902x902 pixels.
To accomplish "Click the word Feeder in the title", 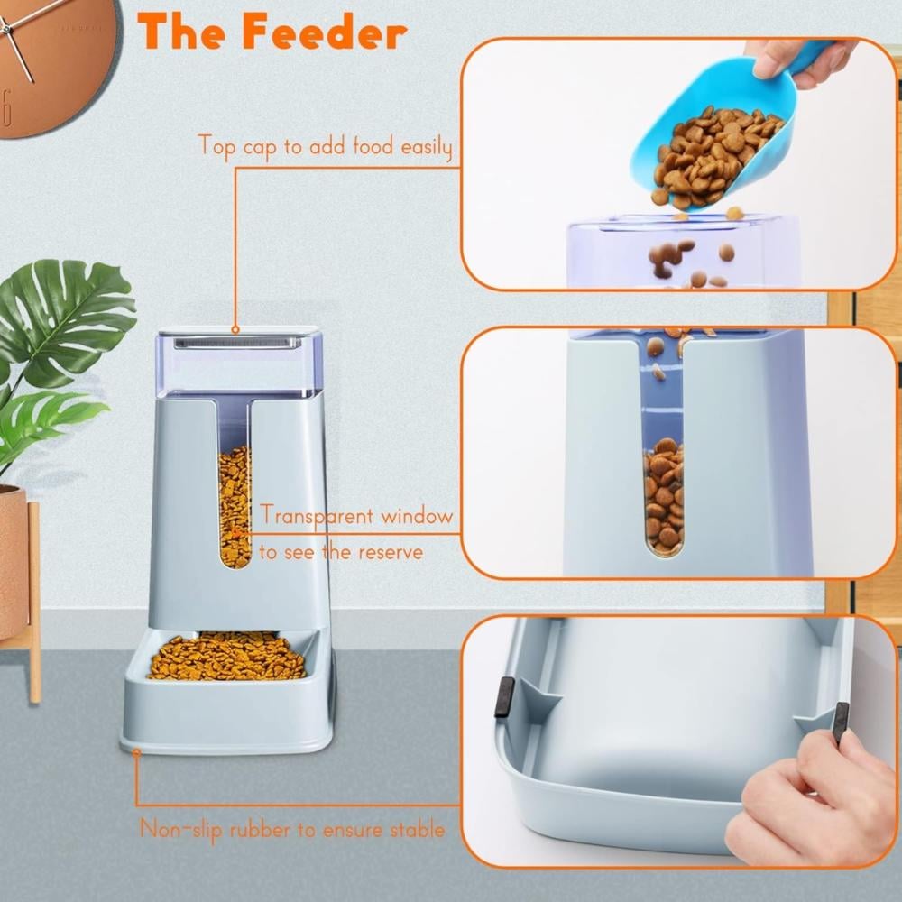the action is click(x=325, y=32).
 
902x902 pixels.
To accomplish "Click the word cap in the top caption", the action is click(x=260, y=147).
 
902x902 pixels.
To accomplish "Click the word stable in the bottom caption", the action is click(x=417, y=830).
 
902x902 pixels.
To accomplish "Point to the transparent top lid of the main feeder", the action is click(x=237, y=362).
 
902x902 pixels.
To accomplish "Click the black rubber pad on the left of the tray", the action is click(x=504, y=696).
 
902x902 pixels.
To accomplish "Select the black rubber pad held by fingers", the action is click(x=841, y=723).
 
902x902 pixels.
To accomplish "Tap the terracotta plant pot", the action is click(x=13, y=560).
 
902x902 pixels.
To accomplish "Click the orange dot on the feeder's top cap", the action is click(x=235, y=329).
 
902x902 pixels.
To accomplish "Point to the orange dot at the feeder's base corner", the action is click(x=136, y=751).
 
